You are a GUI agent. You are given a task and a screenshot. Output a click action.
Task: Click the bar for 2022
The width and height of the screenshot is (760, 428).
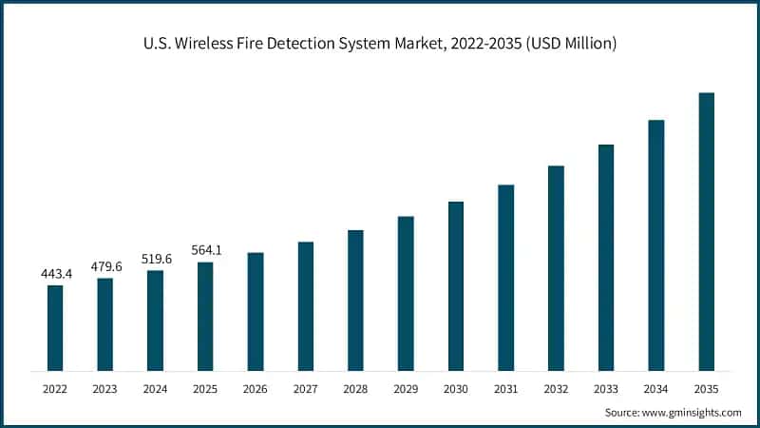tap(55, 327)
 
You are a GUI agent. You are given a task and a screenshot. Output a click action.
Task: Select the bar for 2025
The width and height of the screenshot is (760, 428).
tap(205, 316)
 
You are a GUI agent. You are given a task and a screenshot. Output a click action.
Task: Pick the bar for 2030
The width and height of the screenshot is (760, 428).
tap(456, 285)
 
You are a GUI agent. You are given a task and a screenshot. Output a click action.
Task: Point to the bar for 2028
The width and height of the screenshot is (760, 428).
tap(355, 300)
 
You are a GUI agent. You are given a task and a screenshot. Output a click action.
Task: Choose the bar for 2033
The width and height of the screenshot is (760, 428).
tap(606, 257)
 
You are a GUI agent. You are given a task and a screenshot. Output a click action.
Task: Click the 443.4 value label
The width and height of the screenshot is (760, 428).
tap(55, 274)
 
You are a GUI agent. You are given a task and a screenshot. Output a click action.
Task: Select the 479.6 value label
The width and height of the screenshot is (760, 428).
tap(105, 266)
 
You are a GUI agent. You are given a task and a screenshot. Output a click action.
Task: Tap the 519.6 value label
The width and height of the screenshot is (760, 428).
tap(155, 259)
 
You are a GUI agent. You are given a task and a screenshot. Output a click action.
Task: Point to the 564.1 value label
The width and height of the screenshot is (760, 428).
tap(205, 251)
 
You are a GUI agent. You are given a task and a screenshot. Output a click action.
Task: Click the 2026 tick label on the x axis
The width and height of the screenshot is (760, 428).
tap(256, 388)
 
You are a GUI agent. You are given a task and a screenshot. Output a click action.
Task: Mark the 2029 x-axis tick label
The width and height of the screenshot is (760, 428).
tap(406, 388)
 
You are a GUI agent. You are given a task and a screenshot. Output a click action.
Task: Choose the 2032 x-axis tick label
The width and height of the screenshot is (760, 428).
tap(556, 388)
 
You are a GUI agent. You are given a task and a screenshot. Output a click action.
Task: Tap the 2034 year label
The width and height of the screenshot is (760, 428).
tap(655, 388)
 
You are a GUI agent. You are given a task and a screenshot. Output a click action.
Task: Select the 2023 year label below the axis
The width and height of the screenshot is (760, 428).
tap(105, 388)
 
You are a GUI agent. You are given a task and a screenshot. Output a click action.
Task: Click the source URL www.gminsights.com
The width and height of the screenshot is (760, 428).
tap(691, 412)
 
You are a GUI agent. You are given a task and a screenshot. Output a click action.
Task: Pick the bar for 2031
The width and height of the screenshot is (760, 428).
tap(505, 277)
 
